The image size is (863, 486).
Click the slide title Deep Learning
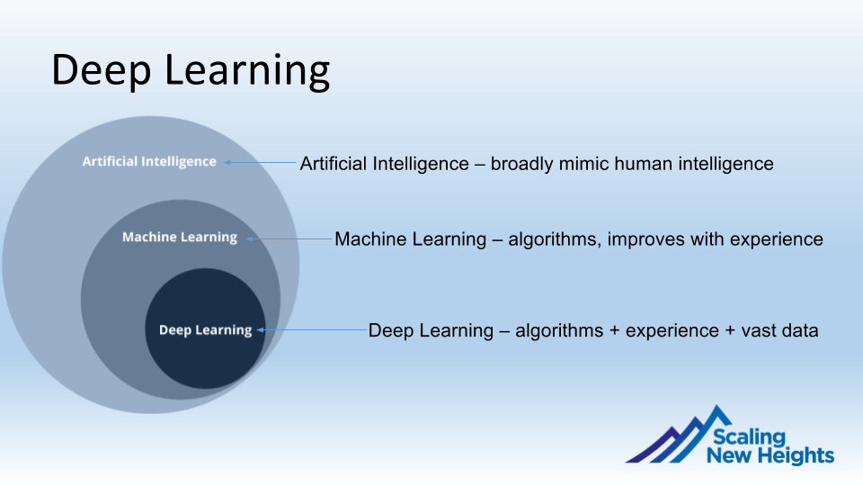click(191, 70)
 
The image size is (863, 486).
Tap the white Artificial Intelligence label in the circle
click(149, 161)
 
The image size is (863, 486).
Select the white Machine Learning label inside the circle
click(180, 237)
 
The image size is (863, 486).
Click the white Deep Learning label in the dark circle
click(205, 329)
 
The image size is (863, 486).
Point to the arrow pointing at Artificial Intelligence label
click(260, 163)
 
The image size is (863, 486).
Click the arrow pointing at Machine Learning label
click(289, 239)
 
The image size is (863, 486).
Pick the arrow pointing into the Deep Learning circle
click(312, 330)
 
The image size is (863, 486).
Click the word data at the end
click(798, 330)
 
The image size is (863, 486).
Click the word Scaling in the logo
click(749, 437)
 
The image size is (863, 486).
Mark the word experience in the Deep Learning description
click(672, 330)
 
